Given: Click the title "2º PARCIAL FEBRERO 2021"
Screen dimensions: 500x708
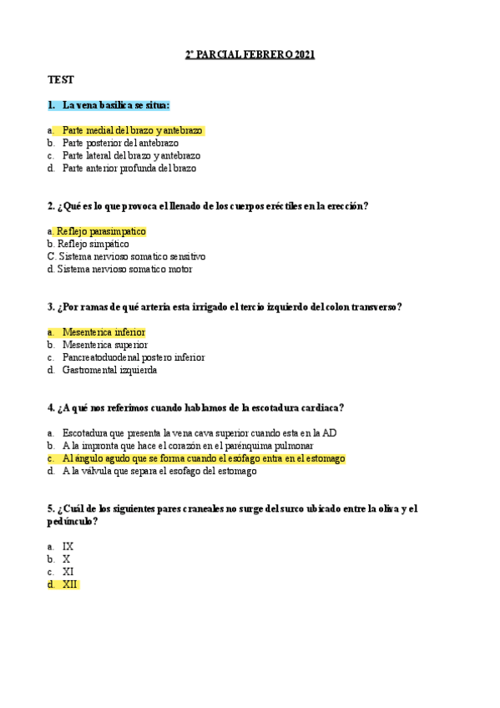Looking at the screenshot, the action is [x=250, y=55].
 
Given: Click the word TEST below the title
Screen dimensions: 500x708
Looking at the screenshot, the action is [x=61, y=80].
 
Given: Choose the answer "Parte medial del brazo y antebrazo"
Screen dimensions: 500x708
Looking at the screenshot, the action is [x=132, y=131].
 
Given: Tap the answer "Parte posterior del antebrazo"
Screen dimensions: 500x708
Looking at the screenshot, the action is [x=120, y=143].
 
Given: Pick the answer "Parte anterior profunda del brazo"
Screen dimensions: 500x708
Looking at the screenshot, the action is [x=129, y=168].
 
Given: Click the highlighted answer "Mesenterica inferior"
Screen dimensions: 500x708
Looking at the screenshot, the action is [x=104, y=332].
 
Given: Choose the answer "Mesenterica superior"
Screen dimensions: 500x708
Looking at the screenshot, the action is [x=104, y=345].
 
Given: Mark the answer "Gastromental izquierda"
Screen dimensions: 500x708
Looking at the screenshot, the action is [x=109, y=370].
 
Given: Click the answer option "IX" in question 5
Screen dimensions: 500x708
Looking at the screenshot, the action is [x=68, y=547].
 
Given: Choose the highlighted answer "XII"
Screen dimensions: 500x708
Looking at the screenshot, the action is [x=70, y=584].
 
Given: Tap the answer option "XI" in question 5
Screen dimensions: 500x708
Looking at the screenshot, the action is [x=68, y=572].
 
